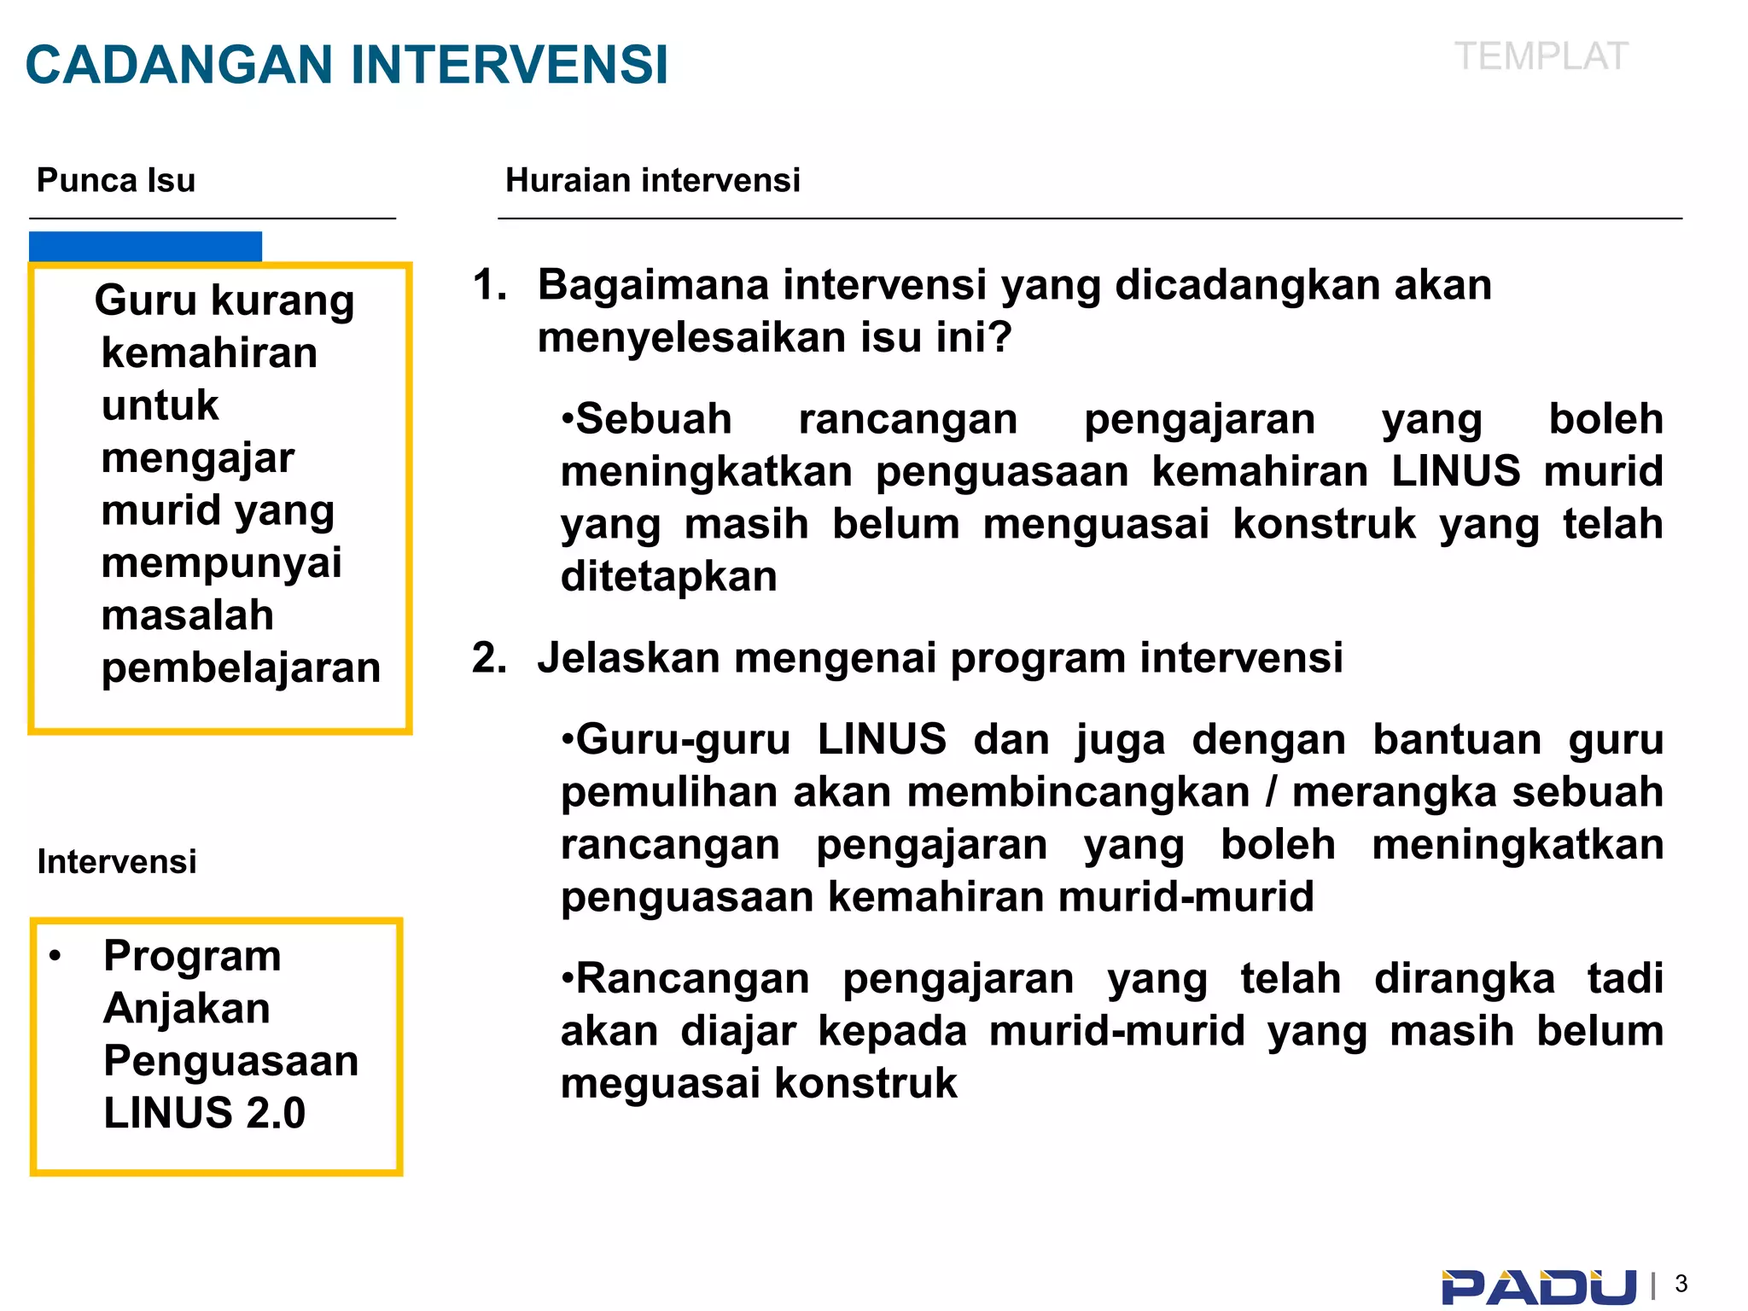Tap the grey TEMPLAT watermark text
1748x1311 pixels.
[x=1541, y=57]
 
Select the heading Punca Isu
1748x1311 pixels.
[x=116, y=180]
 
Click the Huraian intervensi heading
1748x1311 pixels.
[x=652, y=180]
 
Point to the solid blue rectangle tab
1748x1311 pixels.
[x=145, y=246]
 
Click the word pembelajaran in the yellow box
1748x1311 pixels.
[x=241, y=667]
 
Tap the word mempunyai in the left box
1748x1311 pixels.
[x=221, y=563]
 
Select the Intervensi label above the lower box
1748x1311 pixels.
[x=117, y=861]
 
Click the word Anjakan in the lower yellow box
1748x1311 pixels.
[x=187, y=1008]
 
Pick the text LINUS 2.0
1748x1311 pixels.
[x=204, y=1113]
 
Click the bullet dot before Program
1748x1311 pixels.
[x=55, y=955]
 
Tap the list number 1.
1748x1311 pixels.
[x=489, y=285]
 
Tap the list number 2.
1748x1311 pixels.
[x=489, y=658]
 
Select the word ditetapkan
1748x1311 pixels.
[x=668, y=576]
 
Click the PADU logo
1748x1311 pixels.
[x=1538, y=1286]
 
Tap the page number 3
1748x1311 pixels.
[x=1681, y=1284]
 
